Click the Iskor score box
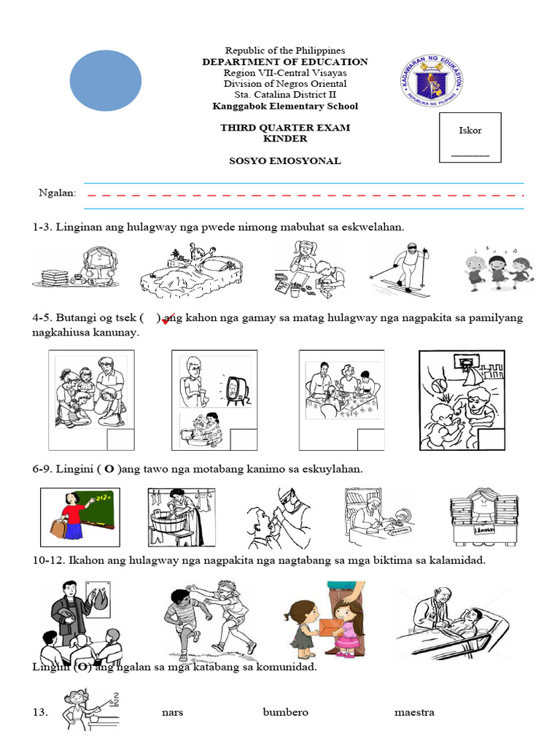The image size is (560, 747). point(470,137)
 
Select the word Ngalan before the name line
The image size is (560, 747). point(58,193)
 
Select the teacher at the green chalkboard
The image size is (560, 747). point(80,516)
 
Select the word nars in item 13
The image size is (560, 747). point(172,712)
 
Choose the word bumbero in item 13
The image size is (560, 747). point(286,712)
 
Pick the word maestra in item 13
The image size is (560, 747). point(414,712)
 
